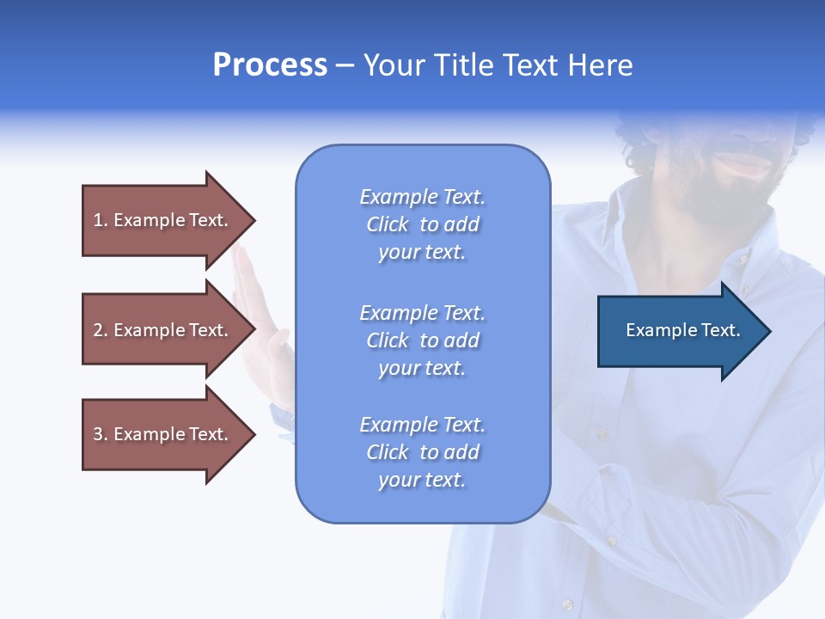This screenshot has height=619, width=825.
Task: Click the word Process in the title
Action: coord(270,65)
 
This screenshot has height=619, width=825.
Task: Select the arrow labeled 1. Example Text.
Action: coord(163,220)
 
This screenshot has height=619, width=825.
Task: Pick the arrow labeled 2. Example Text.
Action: coord(163,330)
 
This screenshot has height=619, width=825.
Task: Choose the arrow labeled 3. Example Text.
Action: coord(163,434)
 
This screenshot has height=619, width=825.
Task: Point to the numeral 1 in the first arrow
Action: coord(98,220)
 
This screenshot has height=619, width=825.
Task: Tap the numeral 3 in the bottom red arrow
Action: coord(98,434)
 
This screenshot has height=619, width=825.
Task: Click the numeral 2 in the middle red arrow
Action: coord(98,330)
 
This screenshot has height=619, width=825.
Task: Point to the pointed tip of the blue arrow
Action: coord(768,331)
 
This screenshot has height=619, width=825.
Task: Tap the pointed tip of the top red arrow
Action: coord(254,221)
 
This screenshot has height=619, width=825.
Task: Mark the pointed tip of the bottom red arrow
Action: coord(254,434)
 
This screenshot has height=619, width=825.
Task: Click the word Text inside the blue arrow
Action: coord(720,330)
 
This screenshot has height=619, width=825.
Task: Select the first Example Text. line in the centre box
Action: coord(422,197)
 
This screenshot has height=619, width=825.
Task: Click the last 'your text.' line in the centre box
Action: coord(422,481)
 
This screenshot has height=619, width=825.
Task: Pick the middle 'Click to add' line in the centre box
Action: coord(422,340)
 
